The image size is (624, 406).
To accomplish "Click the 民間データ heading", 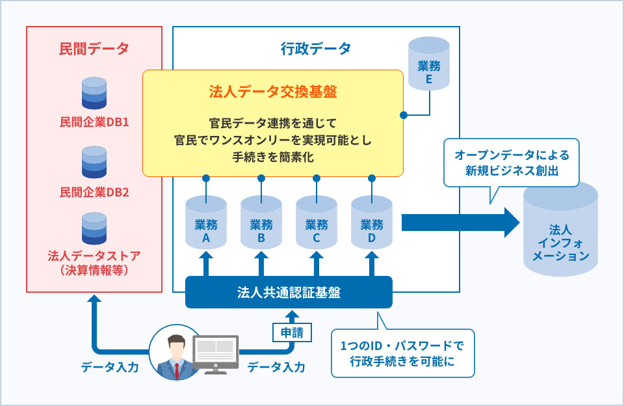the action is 94,49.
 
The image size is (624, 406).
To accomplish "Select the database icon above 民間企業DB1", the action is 94,93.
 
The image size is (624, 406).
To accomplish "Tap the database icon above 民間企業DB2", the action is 94,162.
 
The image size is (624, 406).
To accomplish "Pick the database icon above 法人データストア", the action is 94,228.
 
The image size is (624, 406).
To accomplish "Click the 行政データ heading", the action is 316,49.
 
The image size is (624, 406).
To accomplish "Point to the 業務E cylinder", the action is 429,64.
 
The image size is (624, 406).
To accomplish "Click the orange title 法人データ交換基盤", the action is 273,92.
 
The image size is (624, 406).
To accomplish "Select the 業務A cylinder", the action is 206,223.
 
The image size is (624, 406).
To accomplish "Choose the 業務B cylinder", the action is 261,223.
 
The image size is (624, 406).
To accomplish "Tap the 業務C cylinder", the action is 317,223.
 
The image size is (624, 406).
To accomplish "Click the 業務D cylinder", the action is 372,223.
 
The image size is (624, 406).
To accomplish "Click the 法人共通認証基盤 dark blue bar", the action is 289,292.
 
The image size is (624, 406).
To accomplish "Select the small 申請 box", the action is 292,332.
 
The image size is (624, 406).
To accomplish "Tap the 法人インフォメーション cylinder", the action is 561,229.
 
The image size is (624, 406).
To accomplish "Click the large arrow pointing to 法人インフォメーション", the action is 461,223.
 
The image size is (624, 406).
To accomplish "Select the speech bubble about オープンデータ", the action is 512,163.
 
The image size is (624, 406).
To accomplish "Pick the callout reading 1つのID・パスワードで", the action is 403,353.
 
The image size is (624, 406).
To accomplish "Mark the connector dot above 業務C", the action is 317,178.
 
